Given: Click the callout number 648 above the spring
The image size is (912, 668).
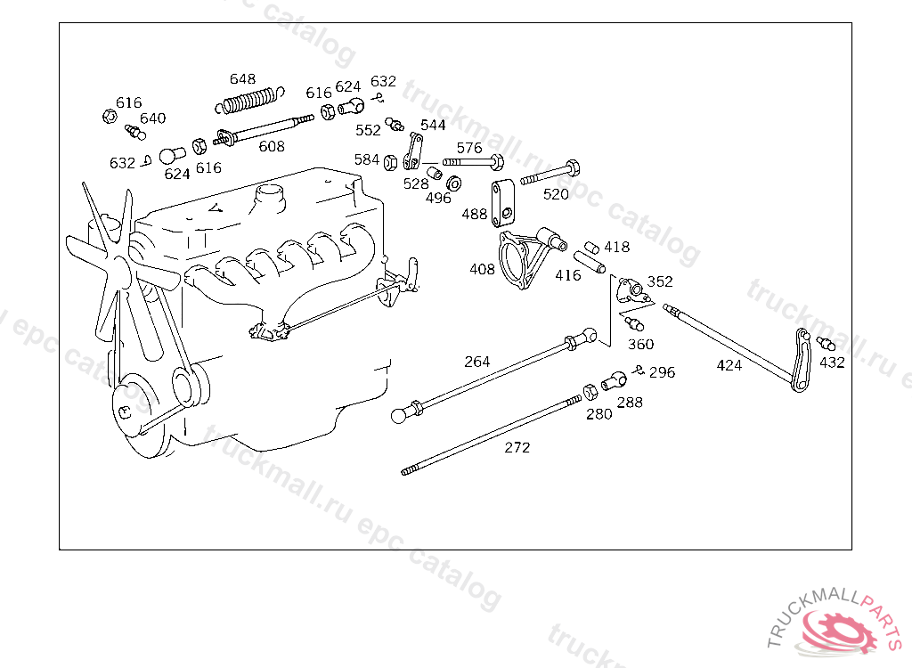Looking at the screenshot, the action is click(x=242, y=78).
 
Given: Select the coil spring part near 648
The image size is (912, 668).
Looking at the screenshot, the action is click(x=249, y=100).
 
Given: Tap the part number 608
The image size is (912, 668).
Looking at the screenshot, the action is click(x=272, y=146).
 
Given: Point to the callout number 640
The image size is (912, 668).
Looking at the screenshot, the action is click(x=152, y=118).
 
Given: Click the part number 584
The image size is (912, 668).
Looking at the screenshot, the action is click(x=366, y=159).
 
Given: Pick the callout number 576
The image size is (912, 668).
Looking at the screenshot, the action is click(x=469, y=148).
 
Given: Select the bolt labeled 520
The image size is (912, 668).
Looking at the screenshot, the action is click(x=550, y=173).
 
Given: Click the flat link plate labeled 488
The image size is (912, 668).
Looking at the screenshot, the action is click(x=502, y=204).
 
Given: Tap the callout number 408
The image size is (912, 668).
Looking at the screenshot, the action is click(x=482, y=269).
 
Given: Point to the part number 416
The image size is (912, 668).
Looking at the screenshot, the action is click(x=568, y=275).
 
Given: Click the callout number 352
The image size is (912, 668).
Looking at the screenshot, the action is click(x=660, y=281).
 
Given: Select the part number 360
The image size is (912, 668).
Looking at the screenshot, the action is click(x=641, y=345).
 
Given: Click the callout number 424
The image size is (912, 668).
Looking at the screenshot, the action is click(x=729, y=365).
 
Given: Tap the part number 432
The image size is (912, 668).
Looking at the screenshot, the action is click(x=832, y=363).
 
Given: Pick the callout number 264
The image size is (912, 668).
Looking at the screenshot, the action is click(x=477, y=362).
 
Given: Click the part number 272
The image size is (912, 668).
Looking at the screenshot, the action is click(x=517, y=447).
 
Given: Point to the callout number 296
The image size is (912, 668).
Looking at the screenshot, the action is click(x=662, y=372).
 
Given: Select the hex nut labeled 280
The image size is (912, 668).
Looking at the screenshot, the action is click(x=590, y=392).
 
